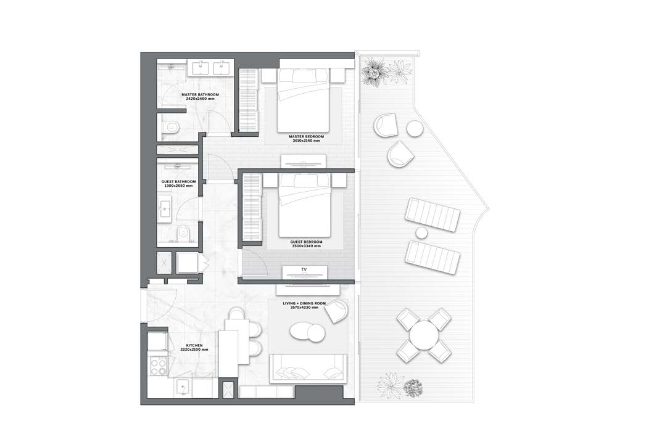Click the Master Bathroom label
pos(200,94)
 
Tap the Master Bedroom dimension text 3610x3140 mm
pos(306,141)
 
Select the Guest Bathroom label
pos(178,182)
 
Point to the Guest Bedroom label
pos(306,242)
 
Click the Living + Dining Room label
pos(304,303)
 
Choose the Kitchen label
pos(194,345)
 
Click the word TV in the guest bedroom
pos(304,270)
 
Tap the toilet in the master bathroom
pos(170,126)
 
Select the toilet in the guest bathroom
pos(182,233)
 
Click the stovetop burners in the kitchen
pos(158,367)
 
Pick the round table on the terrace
pos(424,335)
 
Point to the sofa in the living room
pos(308,369)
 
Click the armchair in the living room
pos(337,311)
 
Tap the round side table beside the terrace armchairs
pos(415,128)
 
